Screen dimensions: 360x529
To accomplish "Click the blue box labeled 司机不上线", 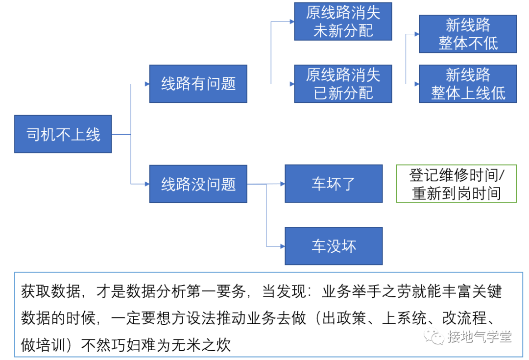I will [x=63, y=134].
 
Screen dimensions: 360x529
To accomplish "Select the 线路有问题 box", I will [x=198, y=84].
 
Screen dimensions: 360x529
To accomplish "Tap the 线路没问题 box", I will [x=198, y=184].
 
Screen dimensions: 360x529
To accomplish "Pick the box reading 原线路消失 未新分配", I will [x=343, y=22].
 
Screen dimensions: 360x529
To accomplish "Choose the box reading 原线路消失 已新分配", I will [x=343, y=84].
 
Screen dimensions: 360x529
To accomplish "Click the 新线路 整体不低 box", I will [x=468, y=34].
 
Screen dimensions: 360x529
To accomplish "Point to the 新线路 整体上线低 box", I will [x=468, y=84].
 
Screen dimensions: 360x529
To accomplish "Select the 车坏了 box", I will [x=334, y=184].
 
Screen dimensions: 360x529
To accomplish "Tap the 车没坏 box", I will [x=334, y=246].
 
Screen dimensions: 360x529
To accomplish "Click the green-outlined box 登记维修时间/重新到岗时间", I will [x=456, y=184].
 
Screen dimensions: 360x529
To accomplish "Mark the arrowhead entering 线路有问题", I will [x=146, y=84].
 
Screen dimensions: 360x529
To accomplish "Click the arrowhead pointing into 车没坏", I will [x=282, y=246].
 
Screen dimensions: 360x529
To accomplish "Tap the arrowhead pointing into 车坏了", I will [x=282, y=184].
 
